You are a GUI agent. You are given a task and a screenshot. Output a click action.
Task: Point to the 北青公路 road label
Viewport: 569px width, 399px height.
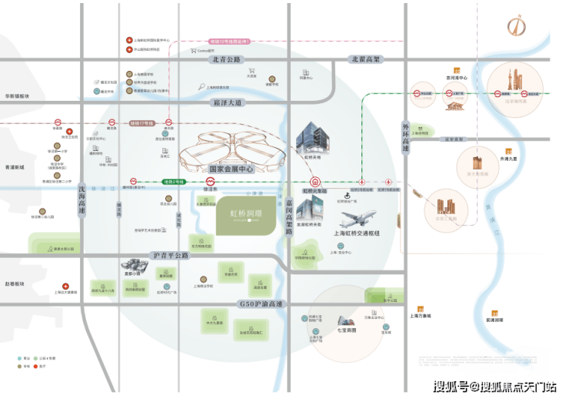click(223, 59)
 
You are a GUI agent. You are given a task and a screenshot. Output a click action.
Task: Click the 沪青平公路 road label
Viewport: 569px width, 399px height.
click(170, 254)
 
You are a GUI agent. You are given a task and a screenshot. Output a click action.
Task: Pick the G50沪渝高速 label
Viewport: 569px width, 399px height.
click(261, 304)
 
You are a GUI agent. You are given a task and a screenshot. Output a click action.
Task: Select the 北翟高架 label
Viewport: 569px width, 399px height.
click(367, 59)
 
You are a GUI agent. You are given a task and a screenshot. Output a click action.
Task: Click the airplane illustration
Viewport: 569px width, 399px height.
click(357, 218)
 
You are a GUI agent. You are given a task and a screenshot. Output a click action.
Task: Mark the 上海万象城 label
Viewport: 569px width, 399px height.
click(420, 316)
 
